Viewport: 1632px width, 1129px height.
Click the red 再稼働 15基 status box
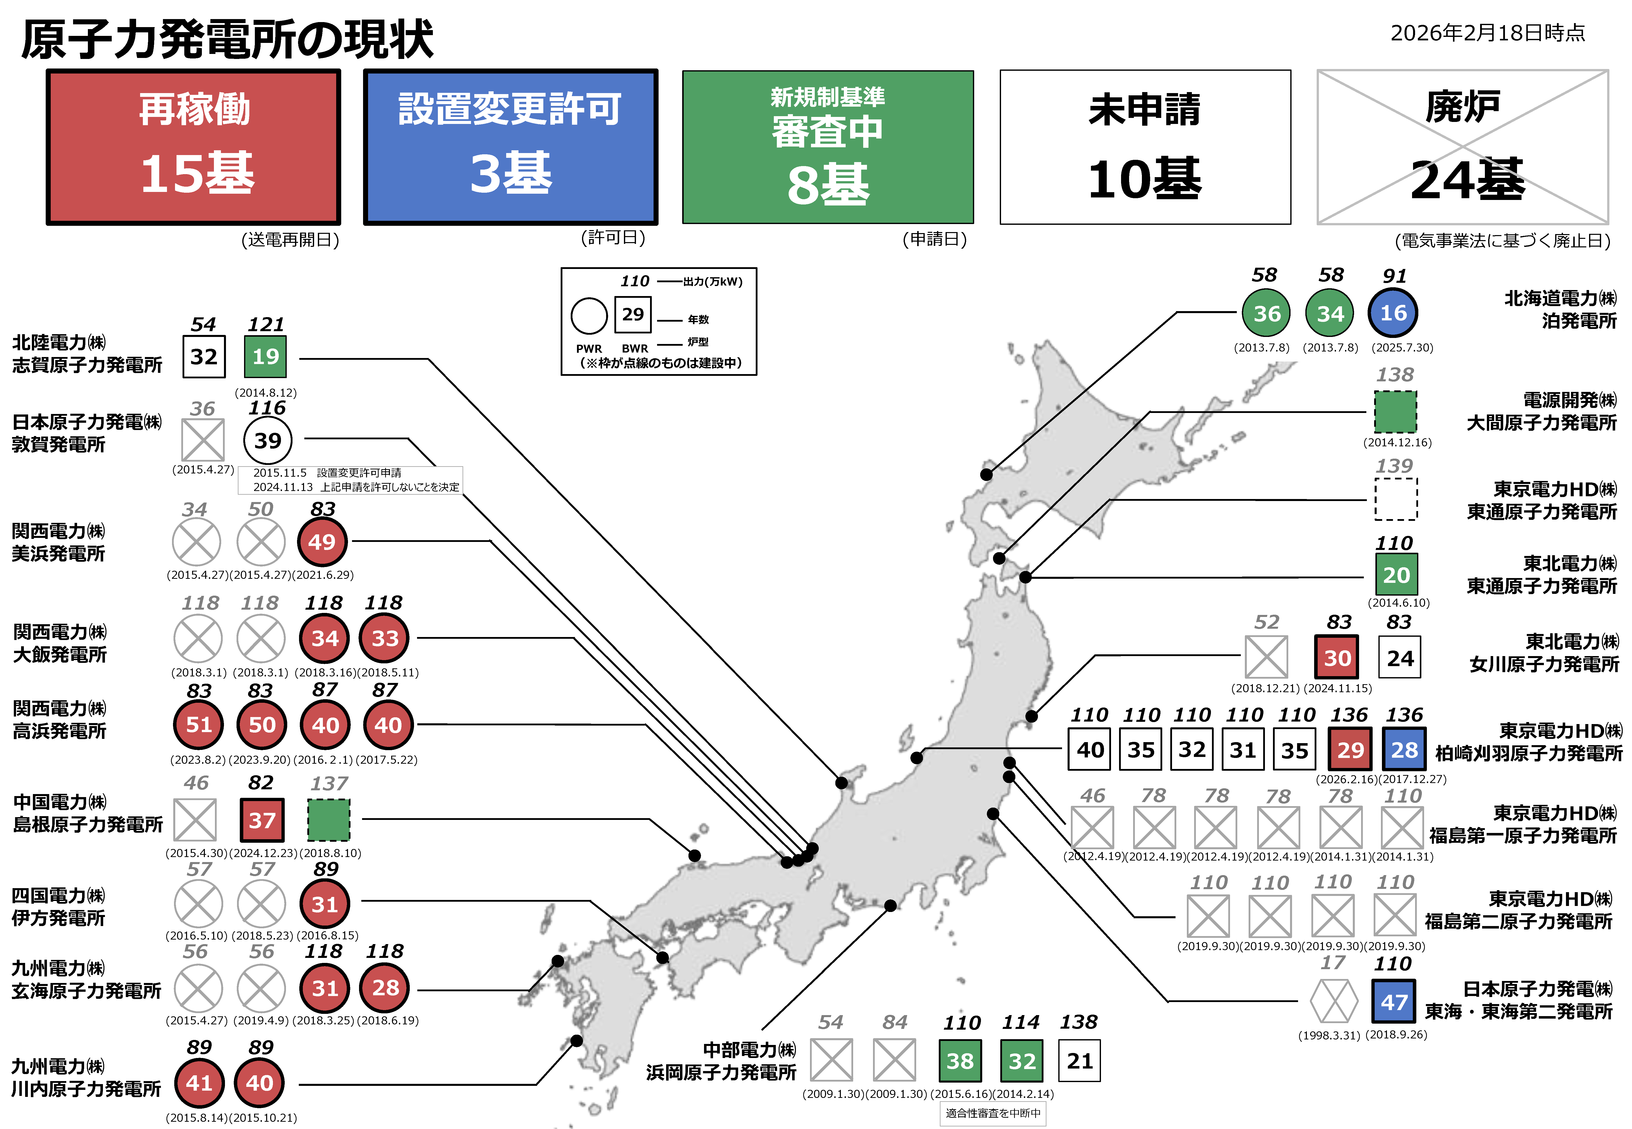[193, 147]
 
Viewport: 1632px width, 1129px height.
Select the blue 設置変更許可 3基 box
[510, 147]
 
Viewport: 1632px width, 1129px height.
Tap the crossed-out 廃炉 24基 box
[1462, 147]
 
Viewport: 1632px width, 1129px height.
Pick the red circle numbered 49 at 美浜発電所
[322, 542]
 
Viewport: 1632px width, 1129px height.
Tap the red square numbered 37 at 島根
[262, 820]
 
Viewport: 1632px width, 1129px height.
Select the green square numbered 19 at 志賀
[265, 357]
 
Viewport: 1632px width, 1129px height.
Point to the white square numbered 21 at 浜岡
[1079, 1061]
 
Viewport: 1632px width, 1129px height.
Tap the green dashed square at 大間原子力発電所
[1395, 412]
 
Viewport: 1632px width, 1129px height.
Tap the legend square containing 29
[633, 314]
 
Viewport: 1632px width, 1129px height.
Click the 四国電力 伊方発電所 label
[59, 907]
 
